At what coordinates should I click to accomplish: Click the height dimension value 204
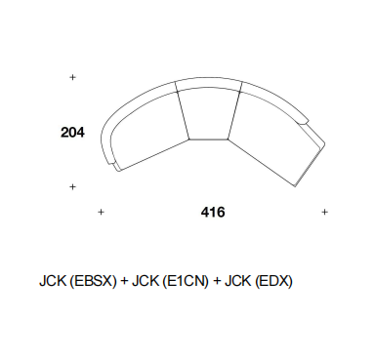(72, 133)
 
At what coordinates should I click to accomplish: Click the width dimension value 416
(213, 212)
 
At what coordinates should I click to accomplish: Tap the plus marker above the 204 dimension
(72, 77)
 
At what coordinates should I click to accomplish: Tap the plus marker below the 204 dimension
(72, 186)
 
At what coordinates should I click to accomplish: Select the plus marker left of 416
(101, 212)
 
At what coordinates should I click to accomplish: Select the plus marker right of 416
(324, 212)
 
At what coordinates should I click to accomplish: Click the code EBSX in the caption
(93, 281)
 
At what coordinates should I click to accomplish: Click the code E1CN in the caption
(186, 281)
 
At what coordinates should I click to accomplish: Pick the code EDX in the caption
(273, 281)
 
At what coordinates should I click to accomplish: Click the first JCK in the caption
(53, 281)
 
